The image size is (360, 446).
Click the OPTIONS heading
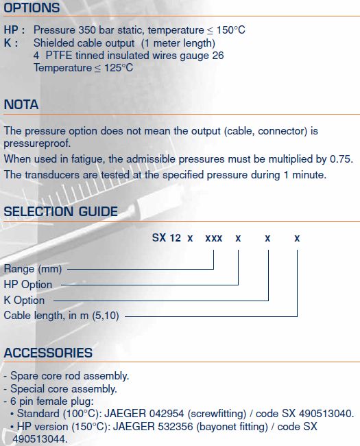pos(32,8)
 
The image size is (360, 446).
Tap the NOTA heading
pos(21,104)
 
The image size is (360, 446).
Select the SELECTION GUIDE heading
pos(60,211)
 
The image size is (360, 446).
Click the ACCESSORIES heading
pos(48,353)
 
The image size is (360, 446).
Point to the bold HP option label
pos(14,30)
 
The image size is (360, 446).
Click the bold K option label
pos(11,43)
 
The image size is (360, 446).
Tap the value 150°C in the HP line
pos(230,30)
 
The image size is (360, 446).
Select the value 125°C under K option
pos(119,68)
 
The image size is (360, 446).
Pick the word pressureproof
pos(37,143)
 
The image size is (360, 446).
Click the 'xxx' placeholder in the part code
pos(213,238)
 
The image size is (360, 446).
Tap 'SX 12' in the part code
pos(167,237)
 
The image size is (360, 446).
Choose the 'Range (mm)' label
pos(33,269)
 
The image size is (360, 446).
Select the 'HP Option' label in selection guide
pos(28,285)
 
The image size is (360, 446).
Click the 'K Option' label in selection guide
pos(24,300)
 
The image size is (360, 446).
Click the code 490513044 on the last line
pos(40,439)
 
